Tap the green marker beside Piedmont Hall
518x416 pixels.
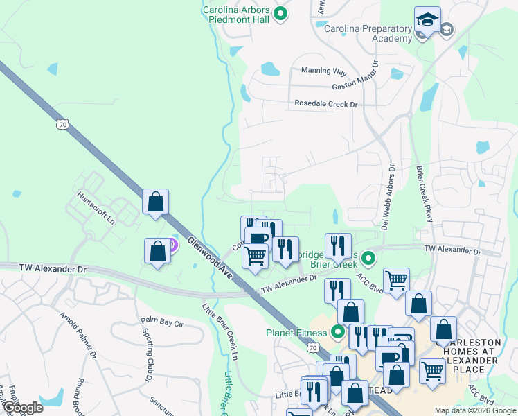point(280,14)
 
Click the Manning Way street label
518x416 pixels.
point(323,70)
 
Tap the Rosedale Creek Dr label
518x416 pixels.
point(325,104)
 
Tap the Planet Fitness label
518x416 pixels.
point(296,331)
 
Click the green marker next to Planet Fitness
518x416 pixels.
point(338,331)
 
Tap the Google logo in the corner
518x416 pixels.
point(22,408)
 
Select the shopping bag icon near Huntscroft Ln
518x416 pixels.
point(156,202)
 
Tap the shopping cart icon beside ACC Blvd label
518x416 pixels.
point(396,281)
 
